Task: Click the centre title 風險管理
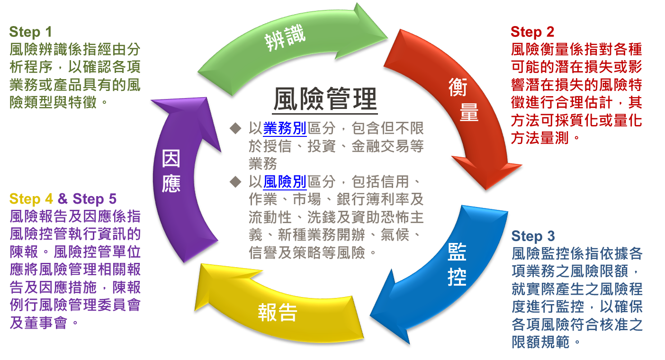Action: pyautogui.click(x=325, y=99)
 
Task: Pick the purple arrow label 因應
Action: pyautogui.click(x=171, y=171)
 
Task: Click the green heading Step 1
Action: pyautogui.click(x=30, y=32)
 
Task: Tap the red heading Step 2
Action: pyautogui.click(x=532, y=32)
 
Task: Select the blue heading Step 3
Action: pyautogui.click(x=533, y=236)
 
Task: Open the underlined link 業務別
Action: pyautogui.click(x=284, y=128)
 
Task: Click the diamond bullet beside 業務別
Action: pyautogui.click(x=234, y=128)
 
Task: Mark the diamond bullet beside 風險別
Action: pyautogui.click(x=234, y=180)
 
